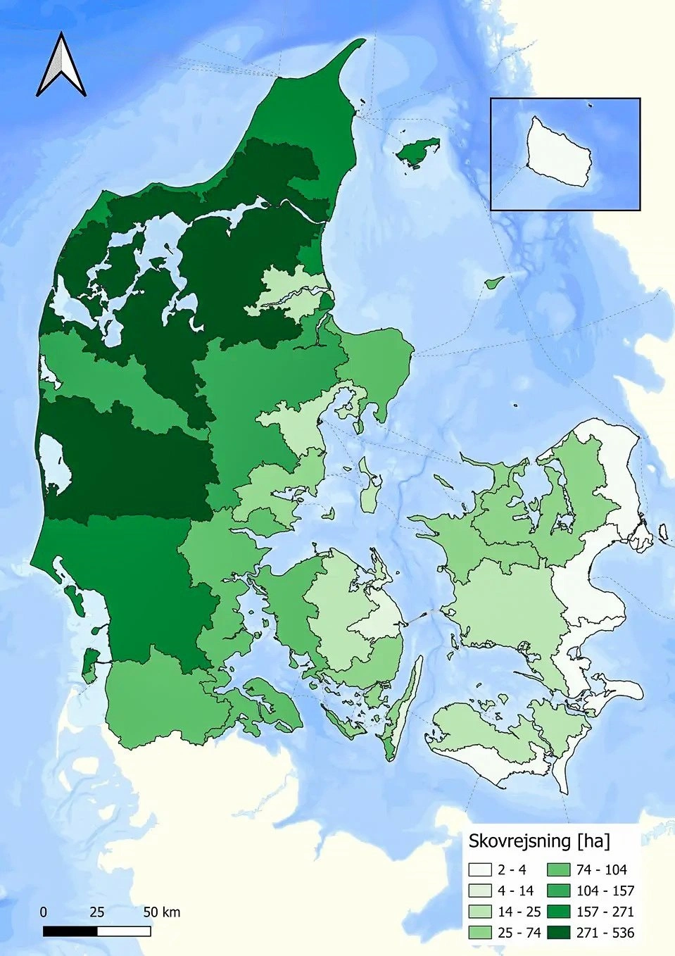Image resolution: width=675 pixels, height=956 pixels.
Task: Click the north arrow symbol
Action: coord(61,65)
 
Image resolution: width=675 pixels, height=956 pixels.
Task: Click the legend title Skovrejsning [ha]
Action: coord(539,841)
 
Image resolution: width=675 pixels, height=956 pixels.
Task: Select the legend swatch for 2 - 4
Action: coord(481,869)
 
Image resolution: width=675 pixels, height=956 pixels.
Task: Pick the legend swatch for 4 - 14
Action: coord(481,891)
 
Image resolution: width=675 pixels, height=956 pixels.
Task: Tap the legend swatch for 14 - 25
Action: coord(481,912)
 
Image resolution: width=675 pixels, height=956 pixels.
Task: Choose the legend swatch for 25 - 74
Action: coord(481,933)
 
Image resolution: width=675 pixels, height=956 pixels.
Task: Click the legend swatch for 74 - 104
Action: coord(560,869)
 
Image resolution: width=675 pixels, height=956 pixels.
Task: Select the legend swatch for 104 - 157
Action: coord(560,891)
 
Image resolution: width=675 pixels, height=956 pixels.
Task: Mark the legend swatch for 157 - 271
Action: coord(560,912)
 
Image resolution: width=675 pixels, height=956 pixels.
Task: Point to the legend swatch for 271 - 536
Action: coord(560,933)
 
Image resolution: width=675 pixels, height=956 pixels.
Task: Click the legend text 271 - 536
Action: coord(605,933)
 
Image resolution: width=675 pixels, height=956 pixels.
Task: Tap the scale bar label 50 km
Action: coord(162,912)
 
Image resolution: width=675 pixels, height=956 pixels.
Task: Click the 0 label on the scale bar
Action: coord(44,912)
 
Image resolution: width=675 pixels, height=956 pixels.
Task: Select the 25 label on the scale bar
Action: coord(97,912)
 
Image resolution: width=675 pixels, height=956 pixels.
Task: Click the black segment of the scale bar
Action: coord(70,931)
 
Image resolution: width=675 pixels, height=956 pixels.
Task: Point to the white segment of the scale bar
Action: coord(124,931)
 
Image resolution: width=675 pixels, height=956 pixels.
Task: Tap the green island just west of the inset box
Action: coord(417,151)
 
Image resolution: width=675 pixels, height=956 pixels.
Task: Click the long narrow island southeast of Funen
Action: coord(404,707)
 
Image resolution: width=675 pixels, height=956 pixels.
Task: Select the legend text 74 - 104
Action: coord(601,869)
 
